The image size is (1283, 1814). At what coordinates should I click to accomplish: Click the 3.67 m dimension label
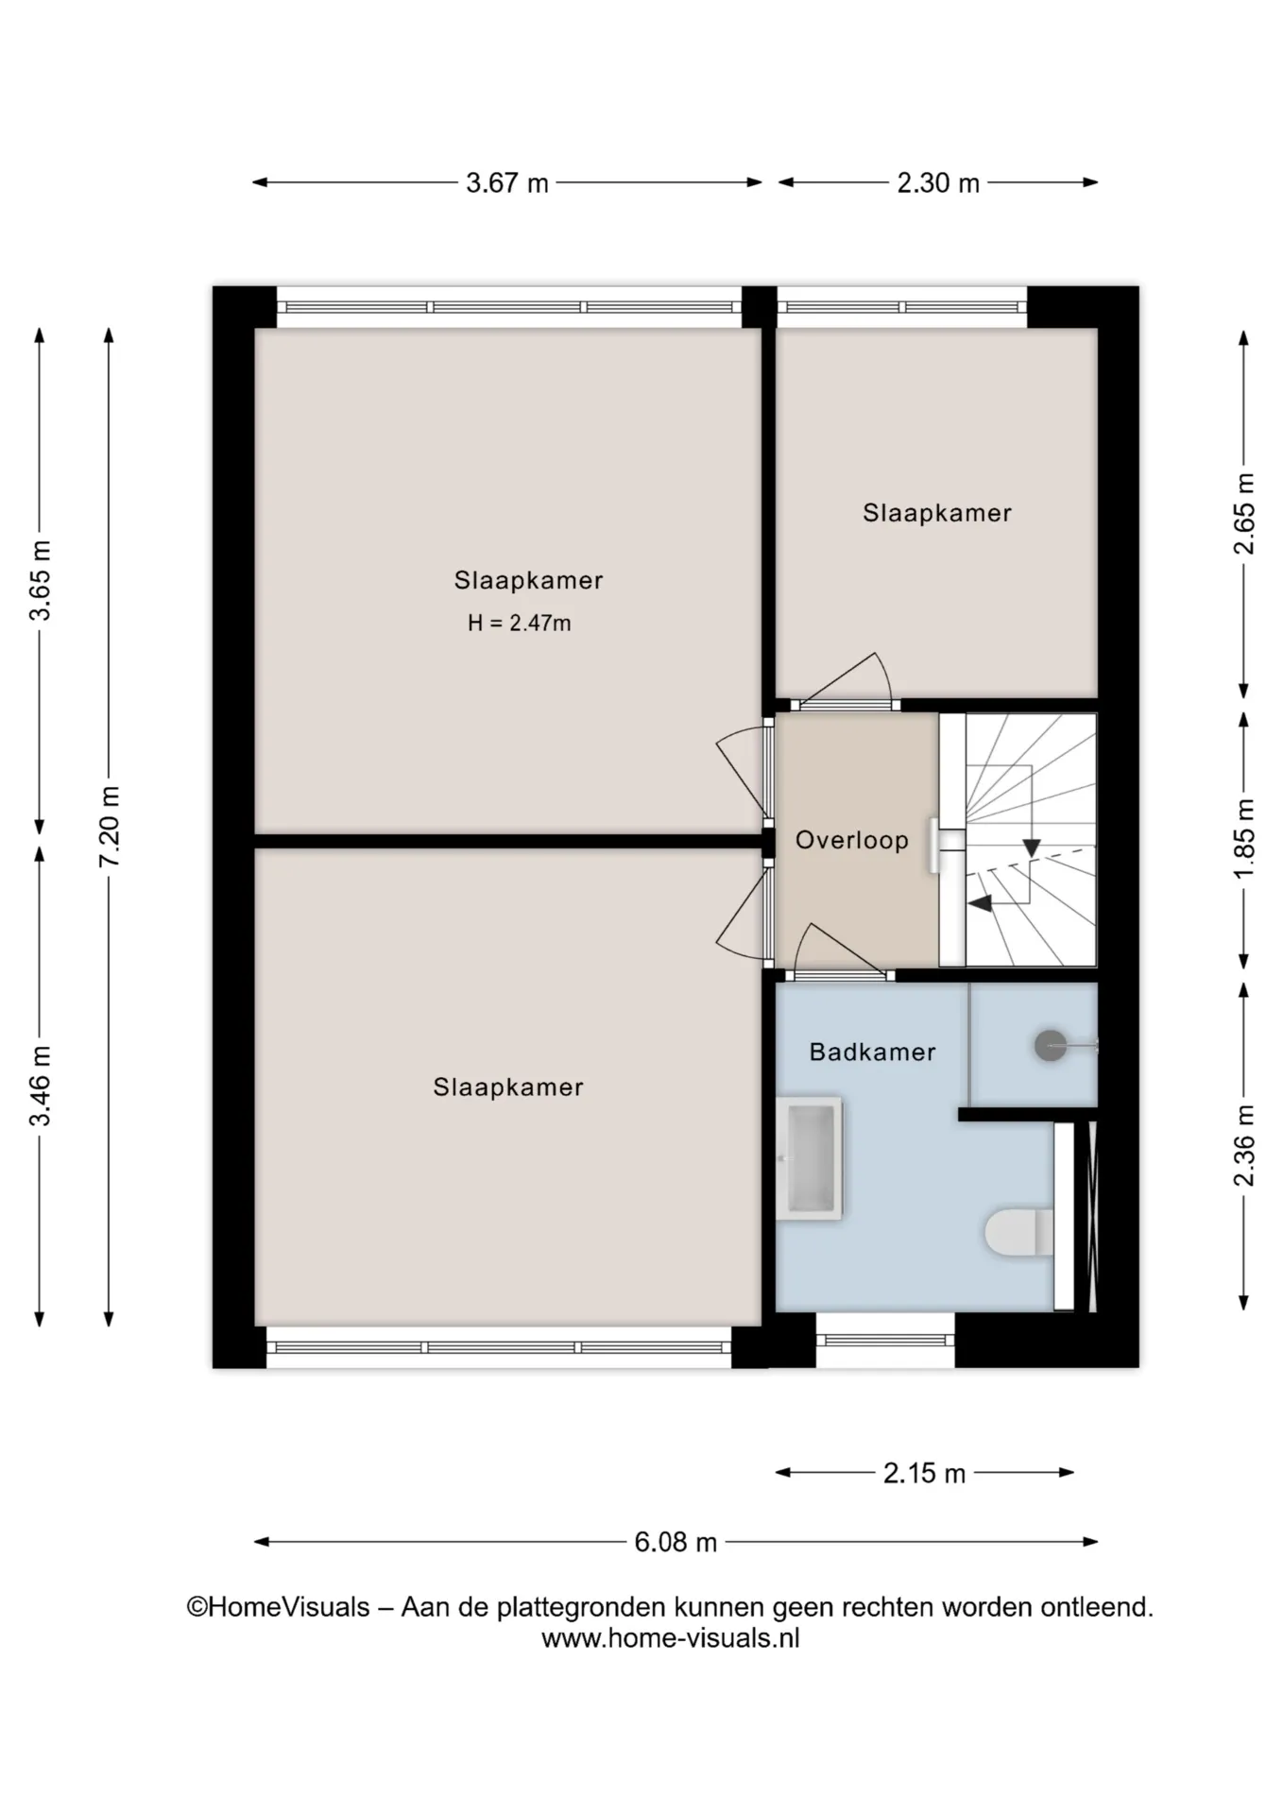click(507, 182)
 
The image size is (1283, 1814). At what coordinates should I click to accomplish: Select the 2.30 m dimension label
click(938, 182)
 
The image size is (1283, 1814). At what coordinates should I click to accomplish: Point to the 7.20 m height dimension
click(110, 826)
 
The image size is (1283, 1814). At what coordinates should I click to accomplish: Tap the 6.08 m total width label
click(676, 1542)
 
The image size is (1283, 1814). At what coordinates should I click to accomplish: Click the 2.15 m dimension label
click(924, 1473)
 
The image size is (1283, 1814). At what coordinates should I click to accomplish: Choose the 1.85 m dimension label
click(1244, 838)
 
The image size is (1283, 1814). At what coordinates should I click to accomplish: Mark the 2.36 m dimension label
click(1244, 1145)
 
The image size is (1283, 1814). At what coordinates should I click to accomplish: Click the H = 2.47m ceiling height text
click(520, 624)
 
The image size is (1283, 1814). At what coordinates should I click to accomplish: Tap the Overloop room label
click(852, 840)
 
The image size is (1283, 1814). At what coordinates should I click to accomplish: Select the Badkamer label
click(872, 1052)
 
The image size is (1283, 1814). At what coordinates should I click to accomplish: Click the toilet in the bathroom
click(1019, 1232)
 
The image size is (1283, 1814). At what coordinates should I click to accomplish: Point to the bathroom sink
click(809, 1158)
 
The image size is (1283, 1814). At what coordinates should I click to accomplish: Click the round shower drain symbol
click(1050, 1045)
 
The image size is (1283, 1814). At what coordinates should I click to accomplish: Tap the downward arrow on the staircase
click(1031, 847)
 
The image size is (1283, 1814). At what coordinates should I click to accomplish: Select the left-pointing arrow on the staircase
click(980, 903)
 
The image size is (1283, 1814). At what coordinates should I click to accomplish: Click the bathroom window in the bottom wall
click(885, 1340)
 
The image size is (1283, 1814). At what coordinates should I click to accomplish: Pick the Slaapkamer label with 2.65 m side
click(937, 513)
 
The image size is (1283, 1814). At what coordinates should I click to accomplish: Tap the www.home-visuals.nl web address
click(671, 1638)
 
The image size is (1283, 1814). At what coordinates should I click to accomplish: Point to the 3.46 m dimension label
click(41, 1087)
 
